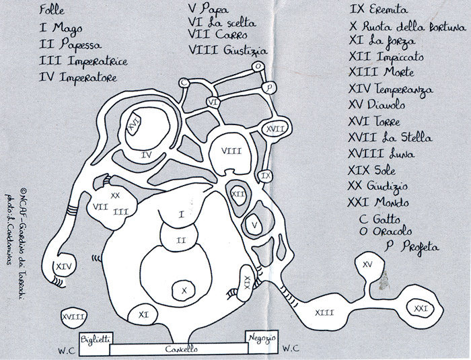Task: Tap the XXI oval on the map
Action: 421,309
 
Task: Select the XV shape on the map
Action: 368,264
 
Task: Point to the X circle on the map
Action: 184,290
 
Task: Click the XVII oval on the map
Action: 275,129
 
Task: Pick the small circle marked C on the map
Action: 184,83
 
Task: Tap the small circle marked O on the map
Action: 258,67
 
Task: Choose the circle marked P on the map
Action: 269,87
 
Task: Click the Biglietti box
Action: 96,344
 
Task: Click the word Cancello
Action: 181,349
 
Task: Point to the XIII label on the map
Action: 324,313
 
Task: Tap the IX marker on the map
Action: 266,176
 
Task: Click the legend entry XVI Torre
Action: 374,121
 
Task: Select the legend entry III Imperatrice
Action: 83,61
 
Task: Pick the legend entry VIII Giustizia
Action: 227,50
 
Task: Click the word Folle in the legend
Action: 52,10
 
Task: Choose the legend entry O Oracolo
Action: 385,231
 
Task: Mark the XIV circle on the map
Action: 64,266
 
